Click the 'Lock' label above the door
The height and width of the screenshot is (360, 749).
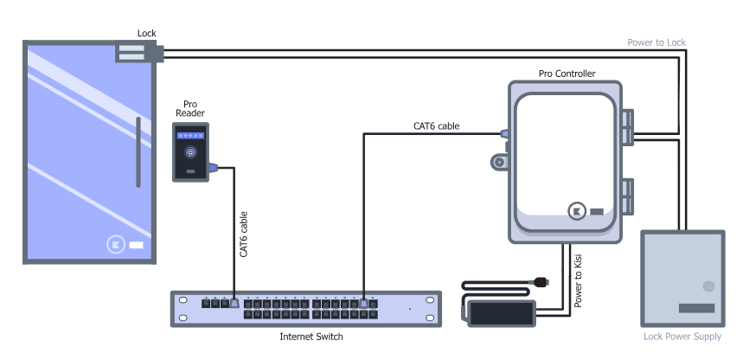click(147, 34)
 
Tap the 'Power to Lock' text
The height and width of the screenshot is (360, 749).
click(657, 42)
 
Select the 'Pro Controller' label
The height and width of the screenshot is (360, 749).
click(567, 74)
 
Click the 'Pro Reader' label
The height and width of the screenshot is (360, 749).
click(189, 108)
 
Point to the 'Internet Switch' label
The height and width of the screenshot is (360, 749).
click(311, 336)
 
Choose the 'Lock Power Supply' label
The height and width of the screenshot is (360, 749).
click(682, 337)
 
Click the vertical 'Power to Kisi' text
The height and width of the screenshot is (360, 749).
click(579, 277)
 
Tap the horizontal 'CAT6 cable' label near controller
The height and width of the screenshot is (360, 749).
click(436, 126)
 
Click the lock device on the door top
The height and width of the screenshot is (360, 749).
click(136, 53)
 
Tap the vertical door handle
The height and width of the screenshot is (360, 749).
click(138, 154)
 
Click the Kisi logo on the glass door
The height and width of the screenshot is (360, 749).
click(118, 245)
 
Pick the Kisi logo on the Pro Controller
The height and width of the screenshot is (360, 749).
click(577, 210)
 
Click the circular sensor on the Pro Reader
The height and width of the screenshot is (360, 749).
click(189, 154)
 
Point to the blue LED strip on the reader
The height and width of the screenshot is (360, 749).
click(189, 136)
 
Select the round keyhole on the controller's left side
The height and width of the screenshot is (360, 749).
click(498, 163)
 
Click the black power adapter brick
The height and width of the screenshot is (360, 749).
click(502, 312)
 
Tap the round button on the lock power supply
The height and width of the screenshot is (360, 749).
click(709, 286)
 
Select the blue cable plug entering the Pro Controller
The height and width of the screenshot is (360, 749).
click(503, 134)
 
